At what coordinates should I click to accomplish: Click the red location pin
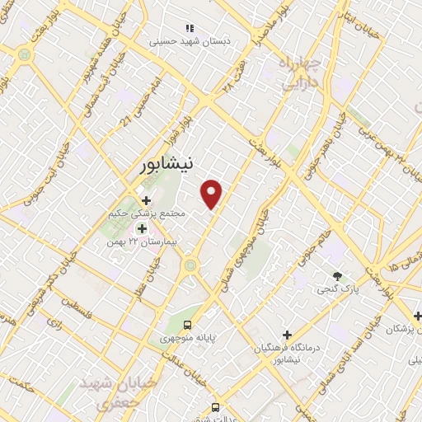[213, 194]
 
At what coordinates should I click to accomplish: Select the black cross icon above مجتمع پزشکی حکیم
[146, 200]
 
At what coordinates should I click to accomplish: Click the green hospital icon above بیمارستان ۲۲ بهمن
[142, 228]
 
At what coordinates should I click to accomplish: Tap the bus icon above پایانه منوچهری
[188, 324]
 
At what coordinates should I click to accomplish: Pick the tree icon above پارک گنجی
[336, 275]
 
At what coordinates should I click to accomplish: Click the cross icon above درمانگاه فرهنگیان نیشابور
[287, 335]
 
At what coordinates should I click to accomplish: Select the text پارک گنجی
[336, 289]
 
